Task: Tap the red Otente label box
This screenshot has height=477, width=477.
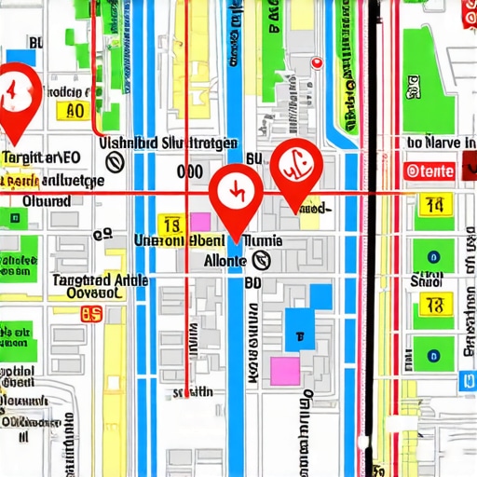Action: pyautogui.click(x=430, y=170)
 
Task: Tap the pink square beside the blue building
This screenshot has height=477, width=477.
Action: pyautogui.click(x=284, y=370)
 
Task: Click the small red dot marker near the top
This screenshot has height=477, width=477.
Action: pyautogui.click(x=316, y=62)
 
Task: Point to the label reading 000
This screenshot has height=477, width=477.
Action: pyautogui.click(x=189, y=172)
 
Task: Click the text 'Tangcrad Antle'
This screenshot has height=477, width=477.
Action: pyautogui.click(x=72, y=279)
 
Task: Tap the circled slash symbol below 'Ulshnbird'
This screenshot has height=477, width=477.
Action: pyautogui.click(x=116, y=163)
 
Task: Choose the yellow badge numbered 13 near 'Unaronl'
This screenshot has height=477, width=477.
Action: pyautogui.click(x=170, y=225)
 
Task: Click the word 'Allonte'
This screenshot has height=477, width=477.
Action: pyautogui.click(x=225, y=262)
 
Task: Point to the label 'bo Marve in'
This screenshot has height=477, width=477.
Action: pyautogui.click(x=441, y=143)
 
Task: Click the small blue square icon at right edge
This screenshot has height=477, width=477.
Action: pyautogui.click(x=467, y=381)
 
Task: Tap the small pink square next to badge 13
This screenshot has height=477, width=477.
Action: pyautogui.click(x=200, y=223)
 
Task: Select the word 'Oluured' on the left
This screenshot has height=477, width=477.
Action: pyautogui.click(x=46, y=200)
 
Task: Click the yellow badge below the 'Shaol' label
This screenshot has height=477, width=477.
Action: pyautogui.click(x=433, y=304)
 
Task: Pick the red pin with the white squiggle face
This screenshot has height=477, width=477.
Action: pyautogui.click(x=295, y=170)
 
